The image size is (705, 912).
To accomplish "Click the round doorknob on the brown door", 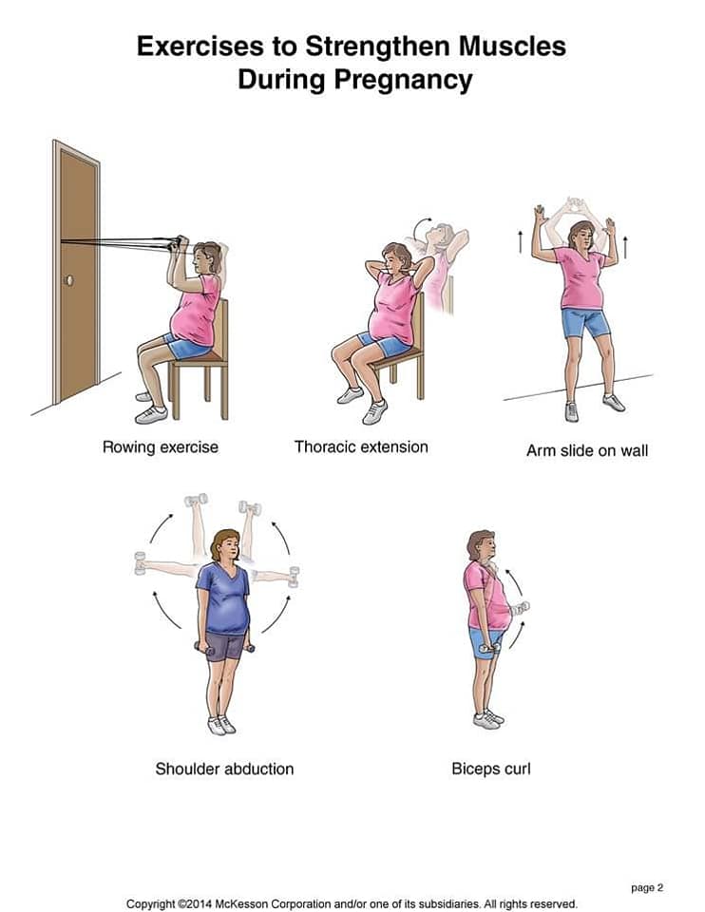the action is tap(69, 281).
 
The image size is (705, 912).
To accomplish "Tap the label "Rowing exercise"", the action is tap(161, 446).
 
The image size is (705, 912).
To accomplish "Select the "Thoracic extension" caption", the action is tap(361, 446).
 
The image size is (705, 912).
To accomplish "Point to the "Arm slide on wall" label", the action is tap(587, 450).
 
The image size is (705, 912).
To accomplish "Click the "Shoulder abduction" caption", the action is tap(224, 769).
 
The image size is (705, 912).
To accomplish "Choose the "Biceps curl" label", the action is tap(491, 769).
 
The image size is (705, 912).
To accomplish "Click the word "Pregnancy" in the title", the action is tap(403, 80).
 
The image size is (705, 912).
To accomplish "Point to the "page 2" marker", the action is tap(647, 887).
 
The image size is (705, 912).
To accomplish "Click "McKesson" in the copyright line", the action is tap(240, 903).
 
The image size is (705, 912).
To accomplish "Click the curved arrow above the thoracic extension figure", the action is tap(421, 226).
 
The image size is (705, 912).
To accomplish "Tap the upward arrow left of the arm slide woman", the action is tap(521, 241).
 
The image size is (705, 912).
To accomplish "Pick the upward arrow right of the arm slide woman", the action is tap(625, 247).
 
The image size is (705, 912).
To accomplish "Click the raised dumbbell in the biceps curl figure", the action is tap(520, 608).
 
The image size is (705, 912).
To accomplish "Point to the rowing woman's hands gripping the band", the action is tap(177, 243).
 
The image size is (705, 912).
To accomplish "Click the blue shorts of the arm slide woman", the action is tap(585, 323).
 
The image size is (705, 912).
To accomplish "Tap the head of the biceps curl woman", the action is tap(482, 545).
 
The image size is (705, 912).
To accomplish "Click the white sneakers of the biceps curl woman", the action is tap(488, 719).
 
